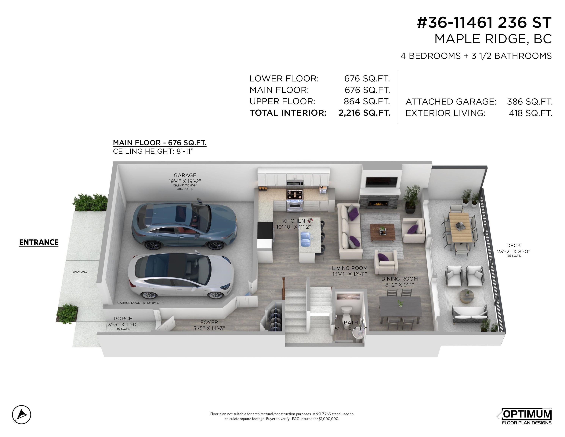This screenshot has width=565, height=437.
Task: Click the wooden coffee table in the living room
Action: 382,231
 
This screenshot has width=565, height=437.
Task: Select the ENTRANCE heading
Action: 39,242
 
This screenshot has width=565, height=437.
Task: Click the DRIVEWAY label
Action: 79,272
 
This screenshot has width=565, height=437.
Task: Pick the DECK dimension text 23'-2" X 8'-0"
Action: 513,251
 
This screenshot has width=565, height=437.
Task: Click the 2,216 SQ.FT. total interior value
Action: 364,113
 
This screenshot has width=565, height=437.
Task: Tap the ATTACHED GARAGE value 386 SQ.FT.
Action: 530,102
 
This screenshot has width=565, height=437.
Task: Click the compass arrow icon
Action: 22,414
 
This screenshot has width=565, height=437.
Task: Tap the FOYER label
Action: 209,322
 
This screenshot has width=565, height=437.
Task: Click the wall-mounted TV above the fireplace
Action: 381,182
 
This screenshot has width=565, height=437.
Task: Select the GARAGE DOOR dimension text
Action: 140,303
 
